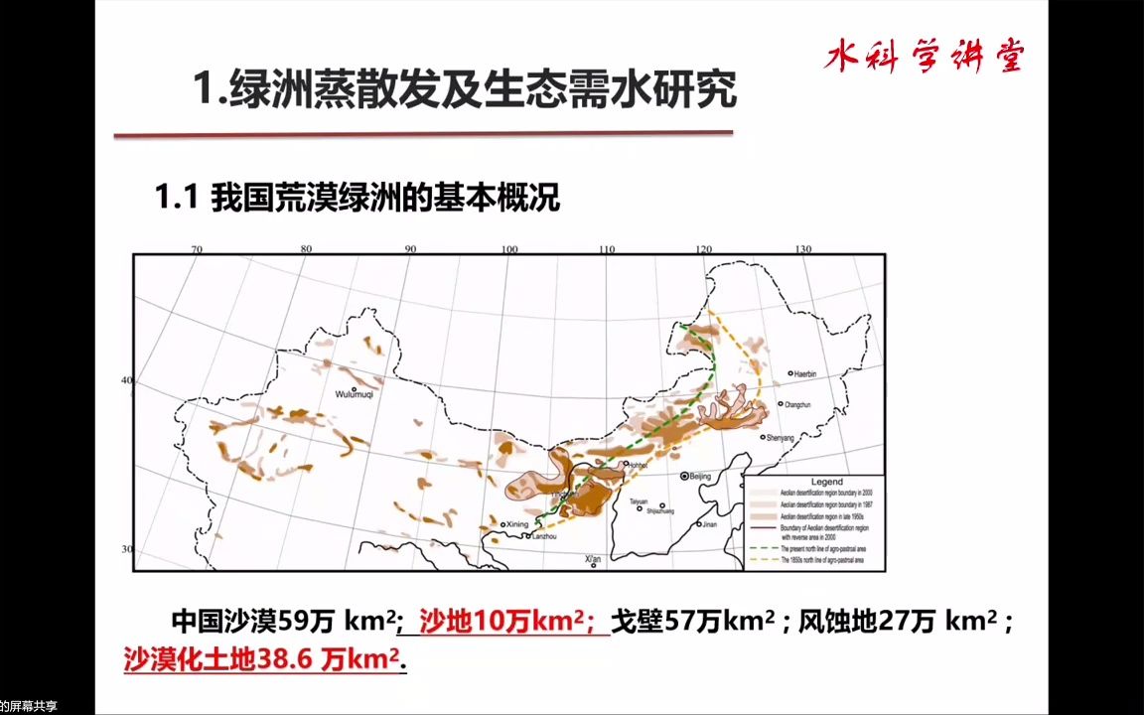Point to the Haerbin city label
click(x=802, y=374)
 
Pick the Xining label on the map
click(x=515, y=524)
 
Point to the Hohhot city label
click(x=636, y=464)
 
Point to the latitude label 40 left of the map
click(x=126, y=380)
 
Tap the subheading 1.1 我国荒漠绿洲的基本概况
click(x=357, y=198)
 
